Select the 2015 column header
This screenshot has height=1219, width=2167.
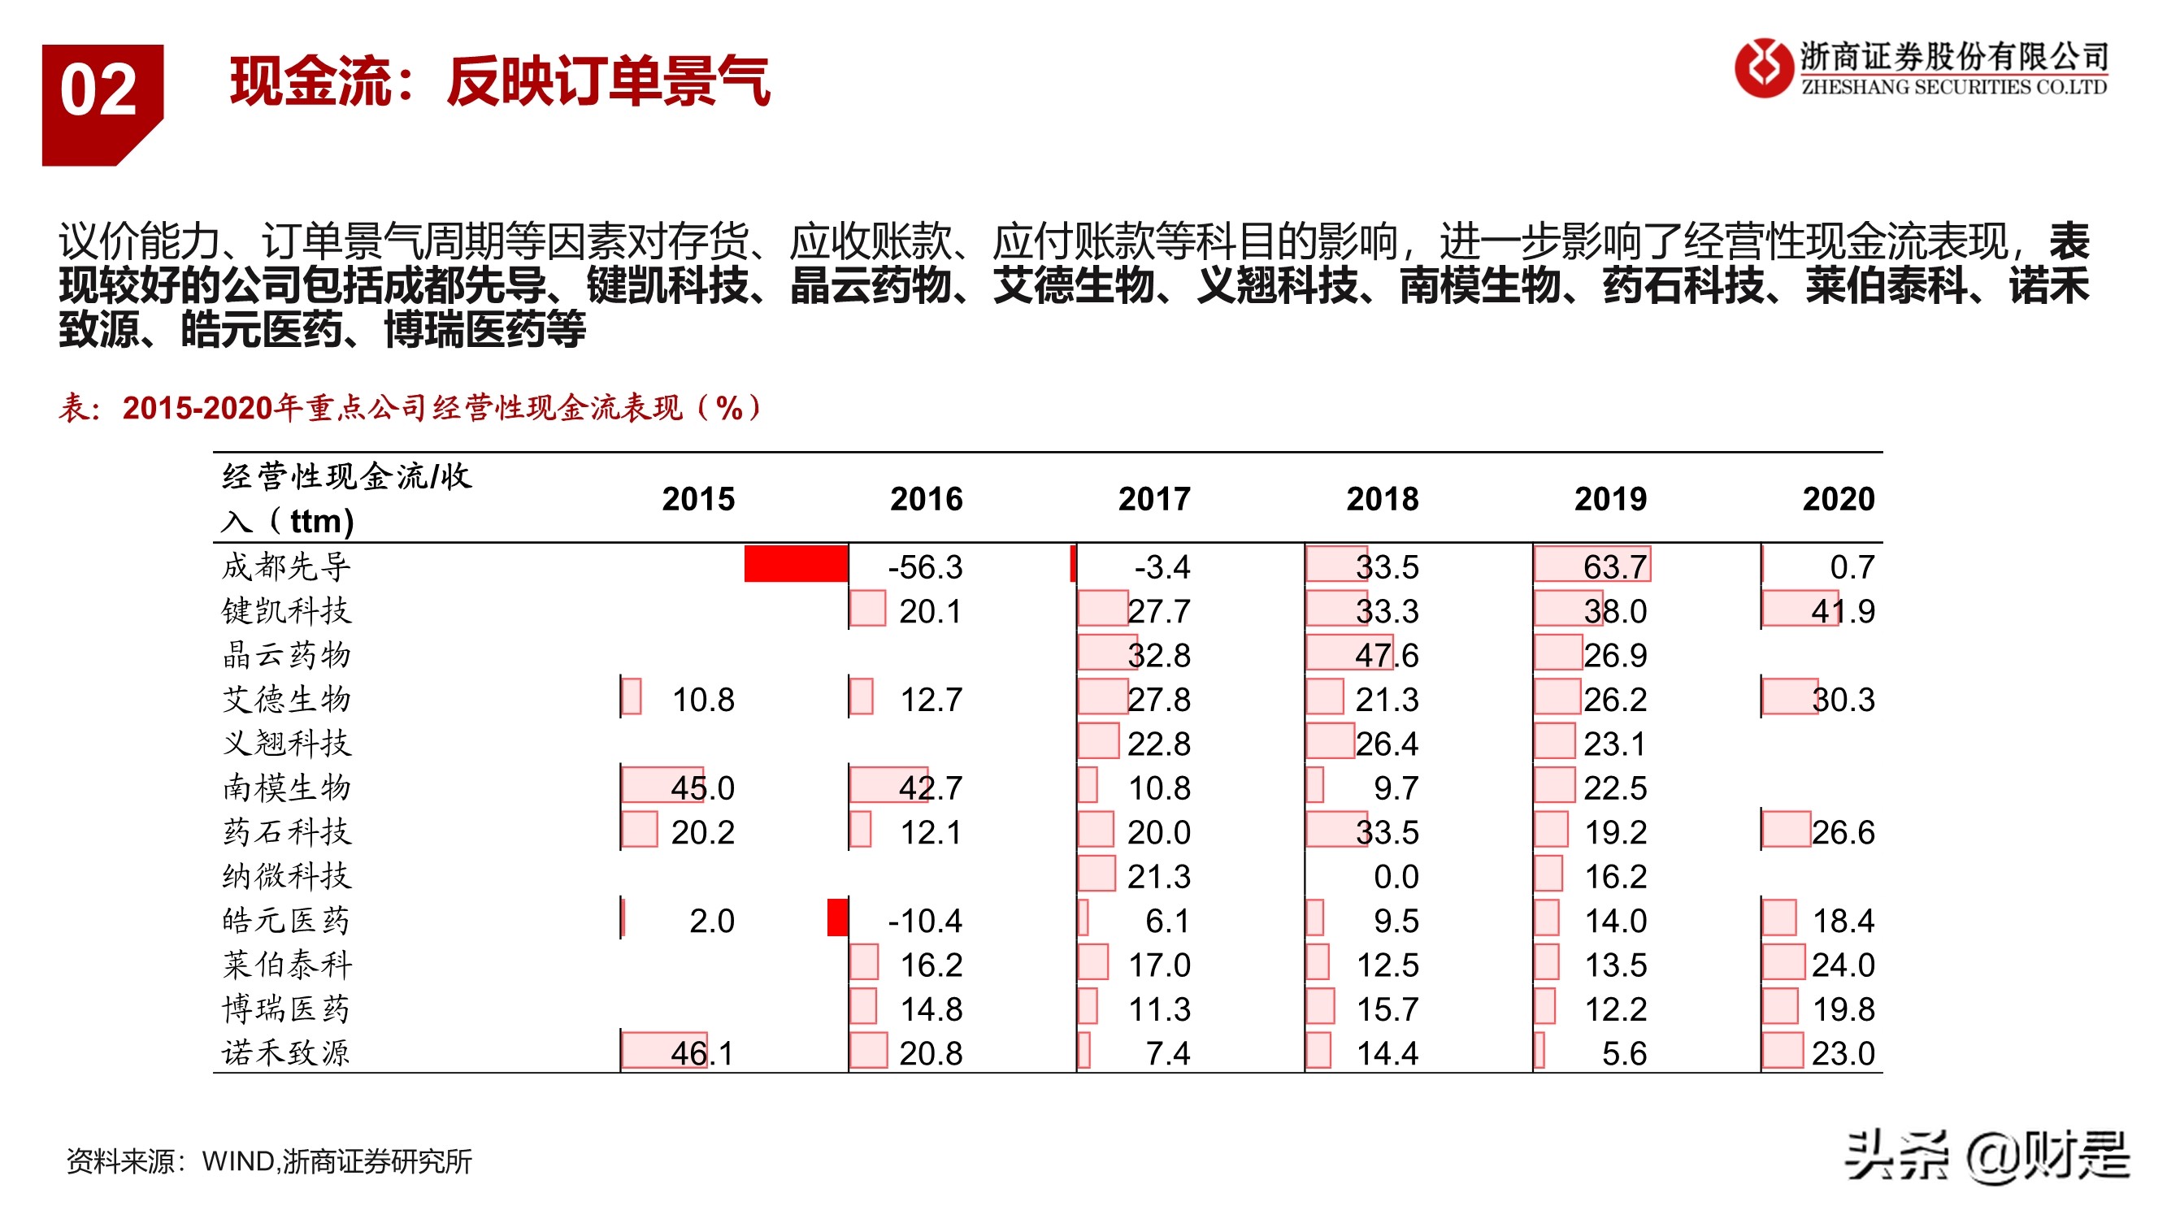[698, 499]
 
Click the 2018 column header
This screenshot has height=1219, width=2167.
[1382, 499]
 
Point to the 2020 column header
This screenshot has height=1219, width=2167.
[1838, 499]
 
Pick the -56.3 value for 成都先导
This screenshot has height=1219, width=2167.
[925, 567]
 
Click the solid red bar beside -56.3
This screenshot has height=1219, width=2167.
[796, 564]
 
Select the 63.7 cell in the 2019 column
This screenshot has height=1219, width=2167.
[1614, 567]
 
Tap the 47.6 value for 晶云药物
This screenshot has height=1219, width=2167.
[1387, 655]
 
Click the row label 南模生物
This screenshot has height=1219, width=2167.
[286, 787]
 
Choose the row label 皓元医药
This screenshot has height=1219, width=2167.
[286, 921]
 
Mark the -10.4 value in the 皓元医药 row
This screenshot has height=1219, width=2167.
[925, 921]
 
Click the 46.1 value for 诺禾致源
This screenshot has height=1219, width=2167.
[702, 1053]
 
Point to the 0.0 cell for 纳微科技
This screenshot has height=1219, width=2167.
[1396, 877]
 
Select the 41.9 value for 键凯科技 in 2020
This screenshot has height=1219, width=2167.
[1843, 612]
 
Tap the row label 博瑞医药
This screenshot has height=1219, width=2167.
[286, 1009]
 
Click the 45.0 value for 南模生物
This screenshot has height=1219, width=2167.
[702, 788]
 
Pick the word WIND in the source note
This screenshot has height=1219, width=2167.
[238, 1162]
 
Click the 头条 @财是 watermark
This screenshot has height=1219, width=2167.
[1985, 1156]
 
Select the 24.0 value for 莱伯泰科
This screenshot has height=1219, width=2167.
[1843, 965]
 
